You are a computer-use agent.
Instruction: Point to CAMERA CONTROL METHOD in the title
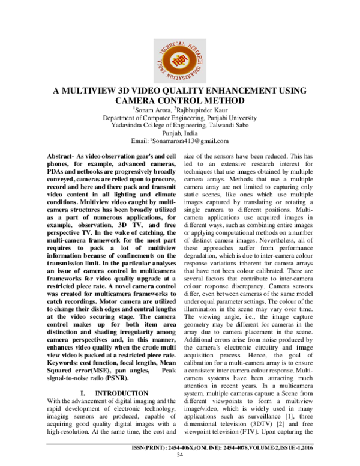coord(179,101)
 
